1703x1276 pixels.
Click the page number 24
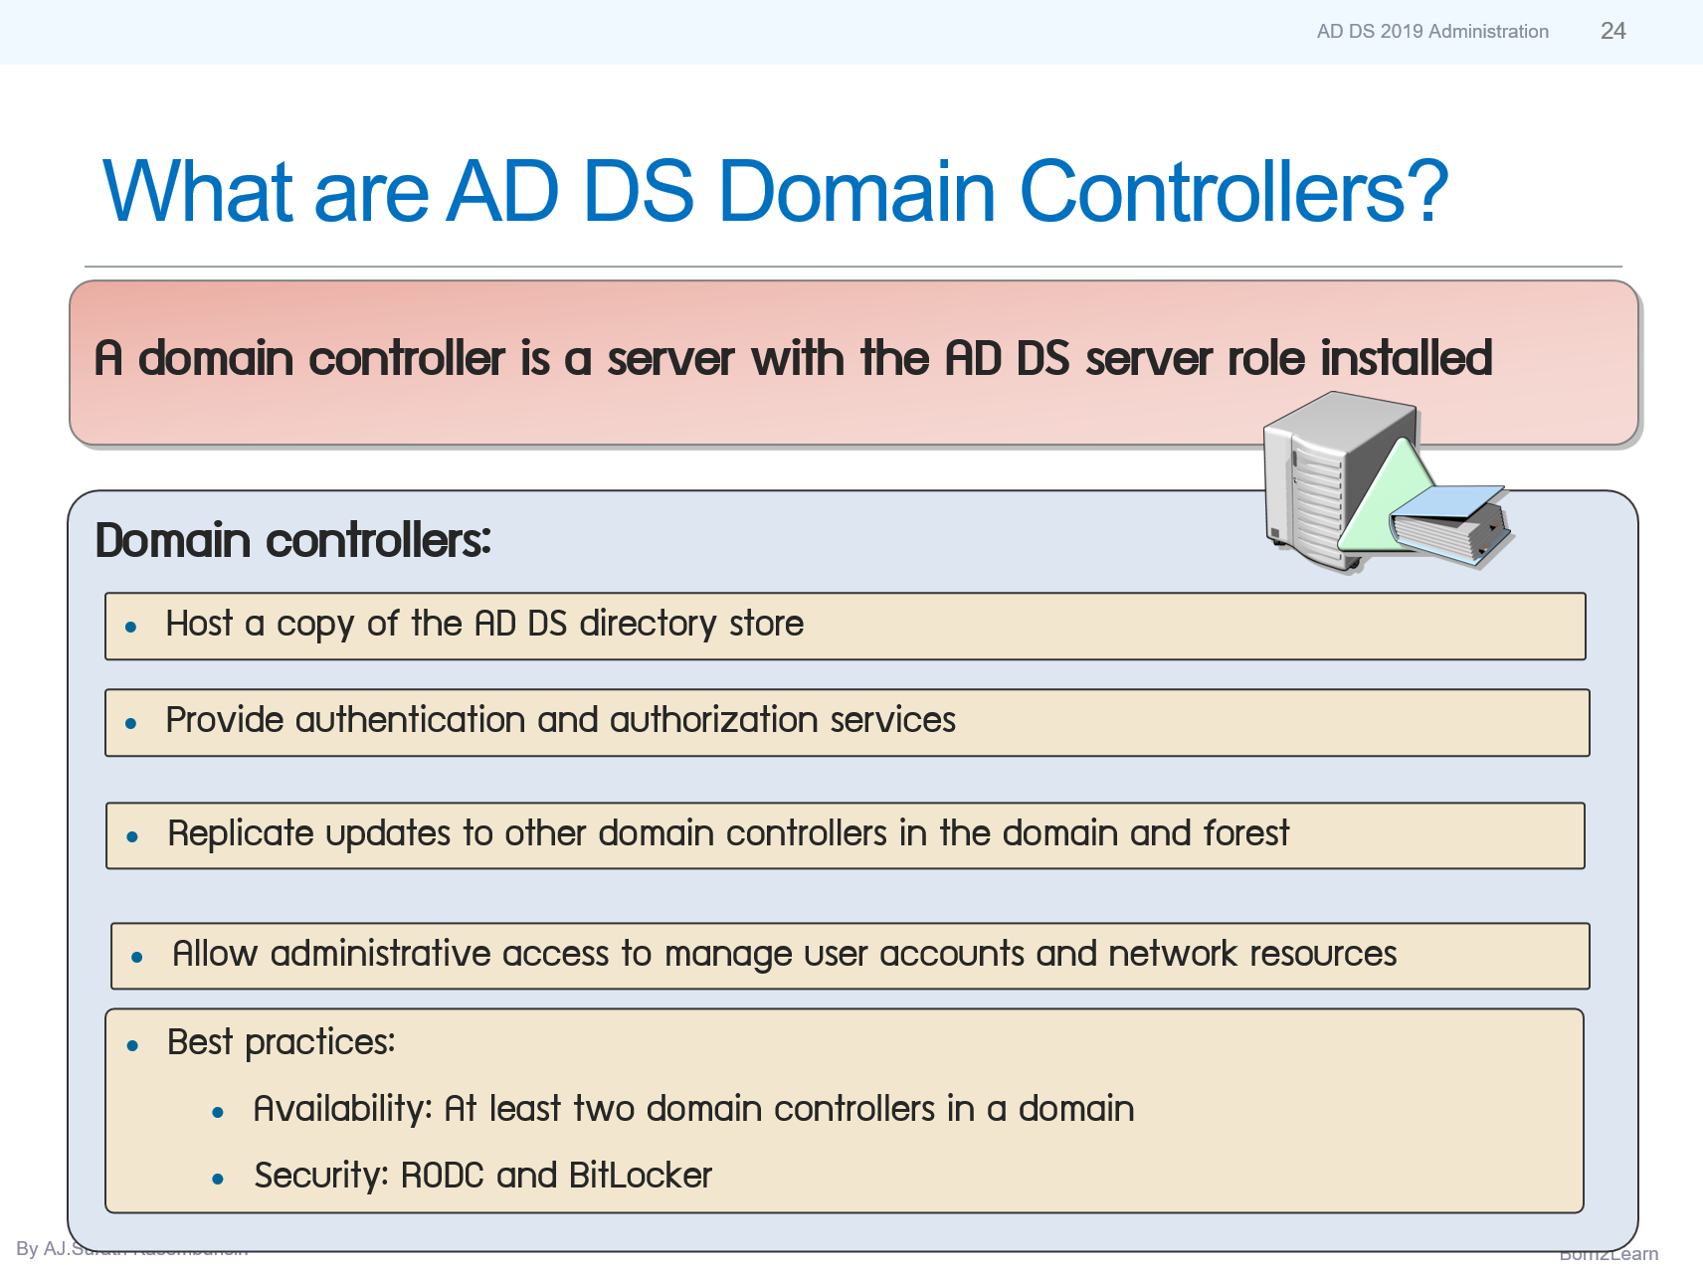click(1612, 31)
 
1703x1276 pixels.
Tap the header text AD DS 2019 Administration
click(1431, 32)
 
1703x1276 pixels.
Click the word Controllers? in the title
click(1232, 191)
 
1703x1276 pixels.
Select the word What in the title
click(198, 191)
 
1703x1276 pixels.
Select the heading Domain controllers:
click(292, 541)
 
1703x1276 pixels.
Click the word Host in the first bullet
click(199, 624)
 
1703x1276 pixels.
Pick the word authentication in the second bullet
click(410, 720)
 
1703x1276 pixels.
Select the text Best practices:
click(281, 1042)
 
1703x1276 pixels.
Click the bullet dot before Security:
click(218, 1180)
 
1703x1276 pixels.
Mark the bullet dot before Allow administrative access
click(137, 958)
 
